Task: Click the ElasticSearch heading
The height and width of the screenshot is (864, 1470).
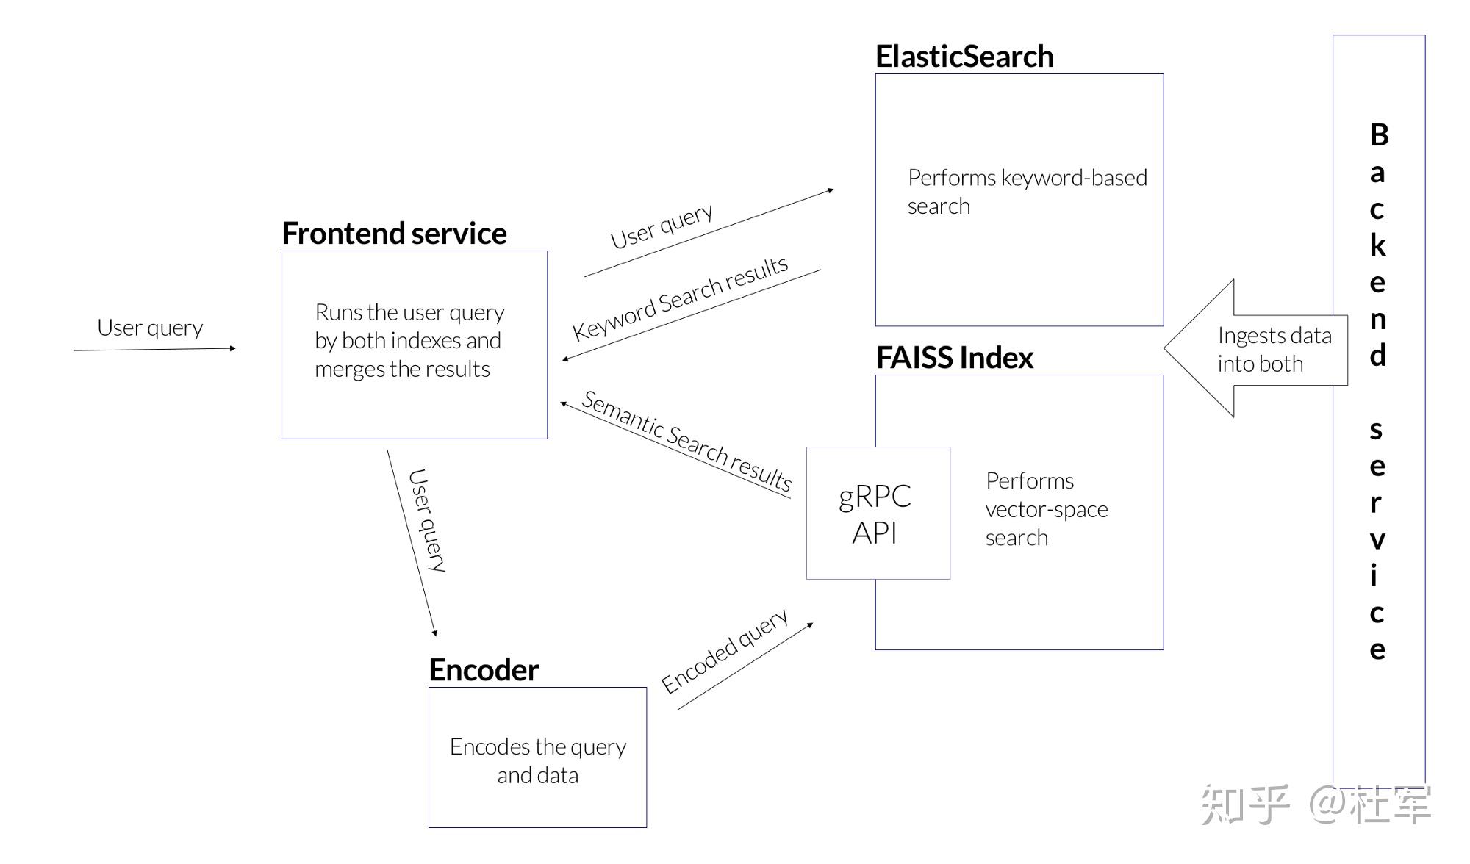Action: click(x=964, y=57)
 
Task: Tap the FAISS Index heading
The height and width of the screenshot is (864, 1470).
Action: click(x=954, y=358)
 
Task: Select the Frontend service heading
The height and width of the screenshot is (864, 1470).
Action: click(x=394, y=234)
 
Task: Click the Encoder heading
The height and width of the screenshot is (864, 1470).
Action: click(x=484, y=670)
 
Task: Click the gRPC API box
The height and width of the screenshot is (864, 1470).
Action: click(x=877, y=514)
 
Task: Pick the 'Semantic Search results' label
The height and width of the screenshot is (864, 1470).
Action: click(x=686, y=441)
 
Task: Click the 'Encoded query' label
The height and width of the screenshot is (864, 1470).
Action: click(x=724, y=651)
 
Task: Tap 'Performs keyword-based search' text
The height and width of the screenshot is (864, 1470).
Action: click(x=1026, y=191)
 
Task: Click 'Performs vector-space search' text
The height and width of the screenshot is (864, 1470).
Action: click(x=1045, y=509)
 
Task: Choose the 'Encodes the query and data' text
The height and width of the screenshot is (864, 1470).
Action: click(x=537, y=760)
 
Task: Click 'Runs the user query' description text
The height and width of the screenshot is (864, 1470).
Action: click(x=409, y=341)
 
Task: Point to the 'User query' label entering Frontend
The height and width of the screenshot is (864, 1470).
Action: click(x=150, y=328)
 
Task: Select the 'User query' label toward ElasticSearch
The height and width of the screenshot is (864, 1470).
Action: click(x=661, y=226)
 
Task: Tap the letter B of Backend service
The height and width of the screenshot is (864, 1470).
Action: click(x=1379, y=135)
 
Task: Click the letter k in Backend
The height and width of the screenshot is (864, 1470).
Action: click(x=1378, y=245)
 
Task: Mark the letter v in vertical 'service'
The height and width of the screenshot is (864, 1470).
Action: click(x=1377, y=540)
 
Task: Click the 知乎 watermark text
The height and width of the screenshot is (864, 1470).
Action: click(x=1244, y=804)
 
